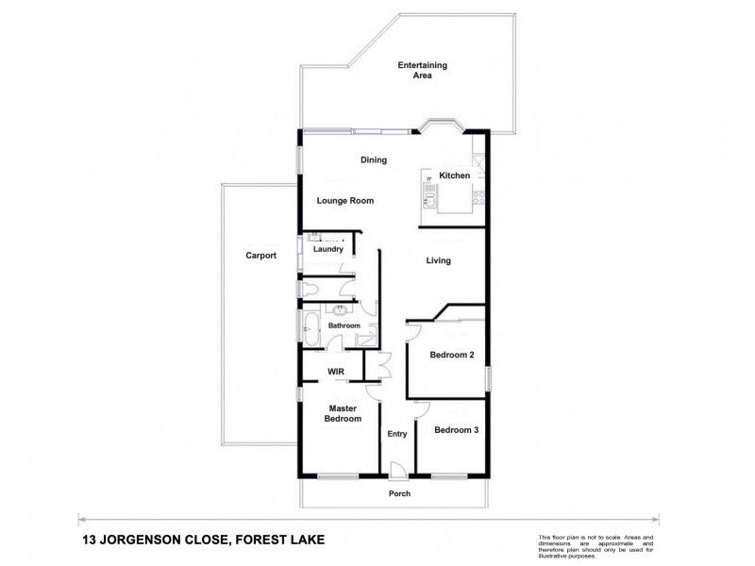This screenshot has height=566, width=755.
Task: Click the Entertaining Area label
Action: point(422,70)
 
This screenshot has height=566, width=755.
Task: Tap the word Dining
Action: point(374,160)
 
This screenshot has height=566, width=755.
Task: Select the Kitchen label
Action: point(454,176)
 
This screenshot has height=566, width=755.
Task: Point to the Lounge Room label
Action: point(345,201)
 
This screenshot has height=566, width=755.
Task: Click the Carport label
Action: point(260,256)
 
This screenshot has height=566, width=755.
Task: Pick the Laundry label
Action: point(328,249)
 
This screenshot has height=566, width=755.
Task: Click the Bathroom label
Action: point(344,325)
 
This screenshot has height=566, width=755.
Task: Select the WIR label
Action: point(335,372)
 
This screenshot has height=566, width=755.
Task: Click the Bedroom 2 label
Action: point(452,356)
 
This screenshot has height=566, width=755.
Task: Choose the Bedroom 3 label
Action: point(457,430)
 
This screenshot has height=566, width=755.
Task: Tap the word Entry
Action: point(397,434)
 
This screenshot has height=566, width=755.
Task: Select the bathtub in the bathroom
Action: point(310,331)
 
